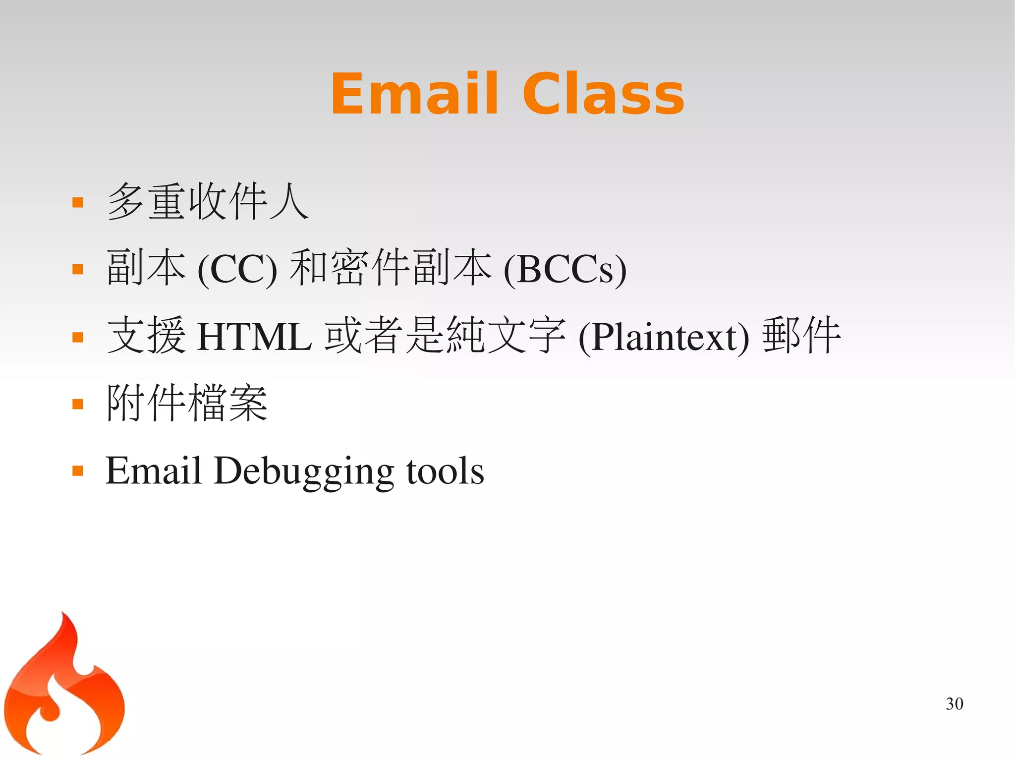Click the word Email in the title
point(414,94)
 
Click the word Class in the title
point(603,94)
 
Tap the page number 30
point(954,704)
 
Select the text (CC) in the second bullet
point(237,270)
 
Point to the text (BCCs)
point(565,270)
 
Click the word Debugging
point(304,471)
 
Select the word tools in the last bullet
point(445,471)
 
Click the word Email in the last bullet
point(154,470)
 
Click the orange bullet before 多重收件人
point(78,202)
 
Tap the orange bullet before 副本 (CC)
point(78,269)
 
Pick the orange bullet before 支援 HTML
point(78,338)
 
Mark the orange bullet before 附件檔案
point(78,404)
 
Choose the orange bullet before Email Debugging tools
point(78,470)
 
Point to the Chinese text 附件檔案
point(187,403)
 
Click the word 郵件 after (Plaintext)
point(801,336)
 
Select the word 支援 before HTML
point(147,336)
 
